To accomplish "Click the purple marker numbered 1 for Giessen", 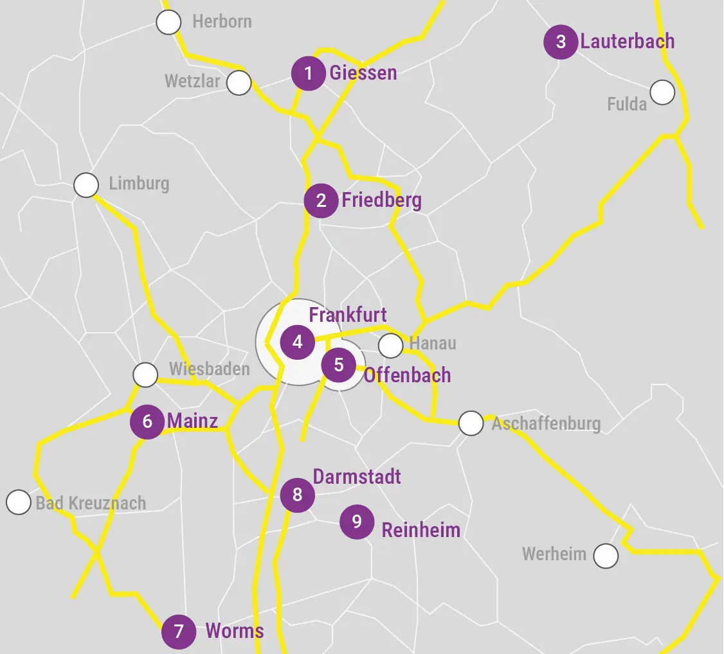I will click(309, 74).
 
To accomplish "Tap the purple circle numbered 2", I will click(321, 200).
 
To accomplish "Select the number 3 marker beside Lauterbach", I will click(561, 42).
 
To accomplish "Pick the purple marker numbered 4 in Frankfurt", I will click(297, 342).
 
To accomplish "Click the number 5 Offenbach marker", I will click(339, 365).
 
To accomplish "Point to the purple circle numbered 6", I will click(147, 421).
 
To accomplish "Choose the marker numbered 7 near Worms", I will click(179, 632).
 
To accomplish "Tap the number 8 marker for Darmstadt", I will click(297, 495).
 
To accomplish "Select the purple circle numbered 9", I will click(357, 522).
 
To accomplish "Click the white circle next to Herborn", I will click(169, 22).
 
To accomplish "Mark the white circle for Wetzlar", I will click(239, 83).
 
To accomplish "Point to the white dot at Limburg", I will click(86, 185).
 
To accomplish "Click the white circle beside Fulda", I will click(662, 93).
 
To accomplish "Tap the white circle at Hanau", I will click(390, 346).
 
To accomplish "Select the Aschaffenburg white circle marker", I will click(471, 423).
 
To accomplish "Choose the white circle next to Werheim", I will click(605, 556).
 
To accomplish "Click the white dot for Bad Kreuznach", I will click(19, 502).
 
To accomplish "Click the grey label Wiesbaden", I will click(209, 369).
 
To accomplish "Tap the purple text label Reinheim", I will click(421, 530).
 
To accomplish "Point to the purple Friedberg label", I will click(381, 200).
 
